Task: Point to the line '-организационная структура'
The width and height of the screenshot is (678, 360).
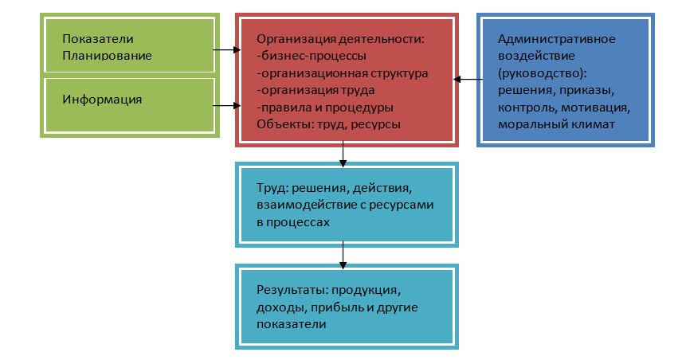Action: (342, 73)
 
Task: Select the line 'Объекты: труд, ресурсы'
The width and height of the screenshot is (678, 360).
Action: (328, 124)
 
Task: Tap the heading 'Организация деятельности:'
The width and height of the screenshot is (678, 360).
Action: (341, 39)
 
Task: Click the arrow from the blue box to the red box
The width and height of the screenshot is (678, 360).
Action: (466, 80)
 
